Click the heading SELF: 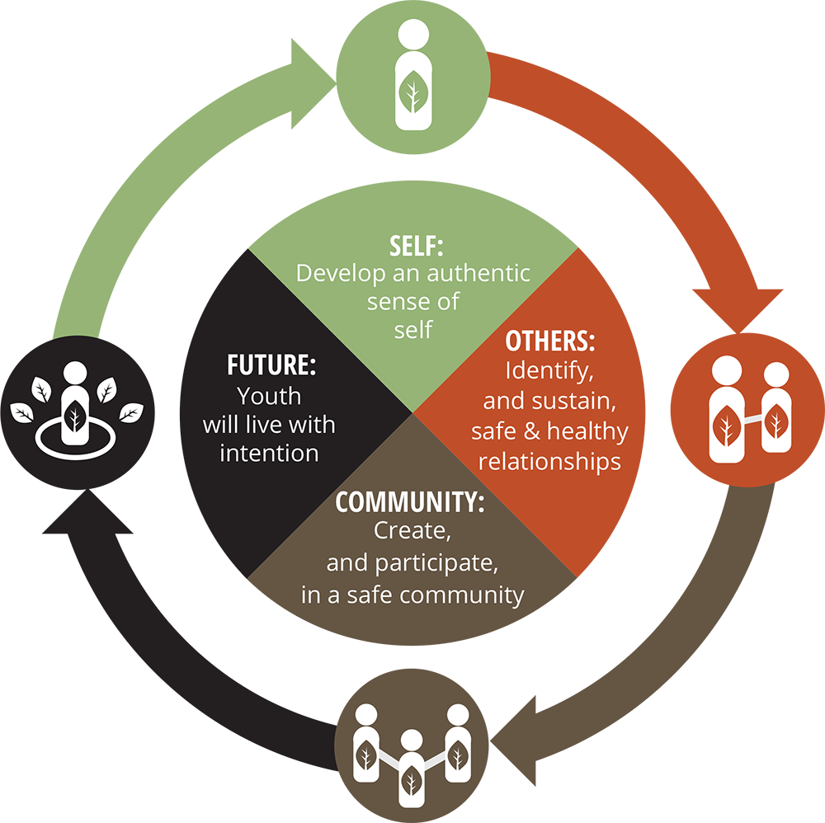(x=417, y=246)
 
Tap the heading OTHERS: (x=550, y=341)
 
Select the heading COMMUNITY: (x=409, y=502)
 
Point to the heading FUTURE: (x=271, y=365)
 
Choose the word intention (x=269, y=453)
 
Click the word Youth (x=269, y=397)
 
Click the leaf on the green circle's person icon (x=412, y=93)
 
